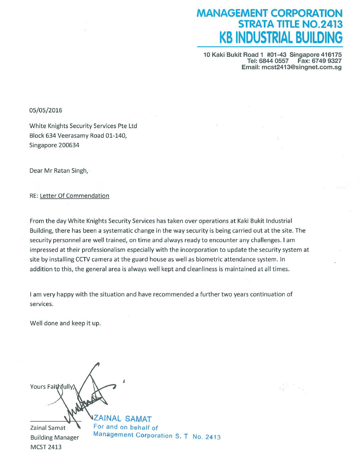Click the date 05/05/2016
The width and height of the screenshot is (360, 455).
point(45,110)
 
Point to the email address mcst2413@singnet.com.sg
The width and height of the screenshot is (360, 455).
point(301,67)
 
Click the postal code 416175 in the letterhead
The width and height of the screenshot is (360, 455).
point(331,55)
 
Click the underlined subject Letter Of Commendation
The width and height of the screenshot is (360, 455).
point(75,196)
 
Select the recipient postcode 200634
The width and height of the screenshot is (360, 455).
point(69,145)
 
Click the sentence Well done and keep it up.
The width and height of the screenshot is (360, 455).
point(65,323)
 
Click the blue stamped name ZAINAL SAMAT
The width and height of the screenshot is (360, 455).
point(122,419)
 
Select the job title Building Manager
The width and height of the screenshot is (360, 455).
point(54,438)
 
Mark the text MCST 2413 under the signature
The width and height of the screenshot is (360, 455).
point(46,447)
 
